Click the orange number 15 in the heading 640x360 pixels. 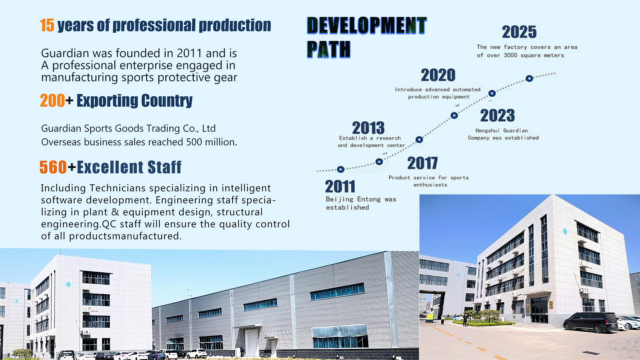point(47,25)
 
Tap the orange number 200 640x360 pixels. point(52,101)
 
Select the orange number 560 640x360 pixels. point(53,167)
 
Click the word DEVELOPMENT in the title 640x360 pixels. point(367,25)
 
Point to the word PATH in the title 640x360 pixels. point(329,49)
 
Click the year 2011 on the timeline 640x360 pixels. point(340,186)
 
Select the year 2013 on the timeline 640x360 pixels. point(368,128)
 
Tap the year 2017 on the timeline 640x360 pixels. point(422,163)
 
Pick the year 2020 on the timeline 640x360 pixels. point(438,75)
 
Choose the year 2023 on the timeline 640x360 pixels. point(498,116)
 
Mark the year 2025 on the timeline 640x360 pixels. point(519,32)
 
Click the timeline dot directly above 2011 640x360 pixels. point(341,169)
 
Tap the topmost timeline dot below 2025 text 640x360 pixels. point(529,79)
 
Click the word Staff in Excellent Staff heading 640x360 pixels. point(164,167)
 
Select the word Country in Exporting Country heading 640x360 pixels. point(167,101)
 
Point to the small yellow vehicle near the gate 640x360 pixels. point(430,317)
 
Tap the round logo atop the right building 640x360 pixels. point(565,231)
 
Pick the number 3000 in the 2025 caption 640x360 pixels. point(510,55)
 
